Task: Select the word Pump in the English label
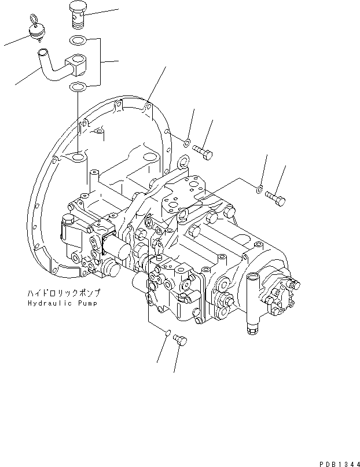coord(87,303)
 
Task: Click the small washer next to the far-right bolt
coord(259,187)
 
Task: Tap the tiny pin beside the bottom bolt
coord(167,333)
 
